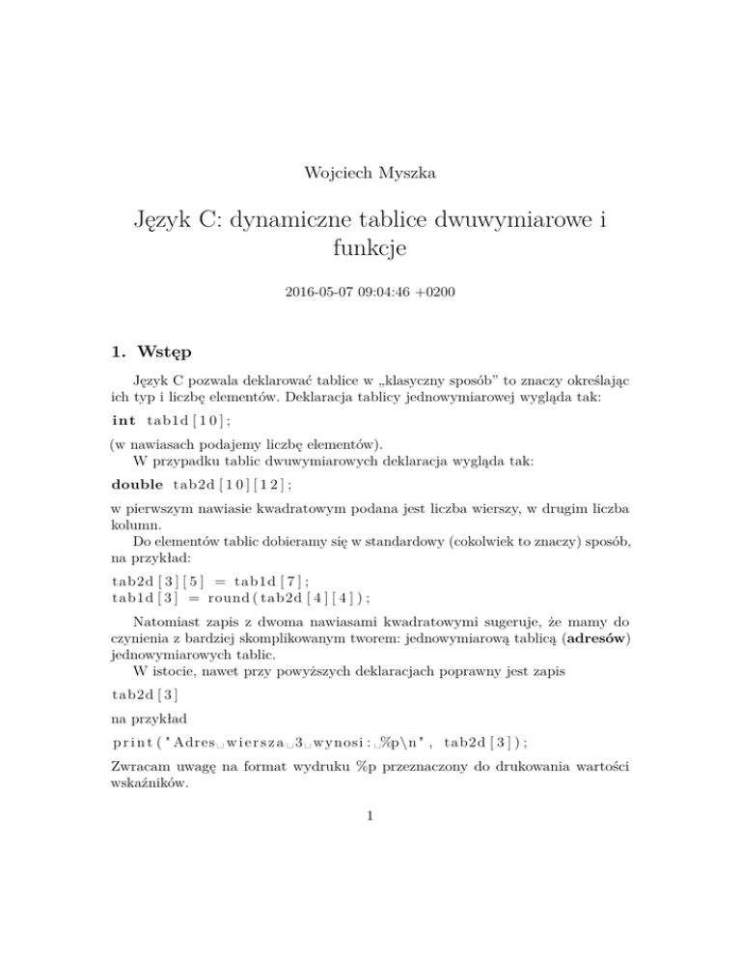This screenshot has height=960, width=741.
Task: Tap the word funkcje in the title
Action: click(370, 253)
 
